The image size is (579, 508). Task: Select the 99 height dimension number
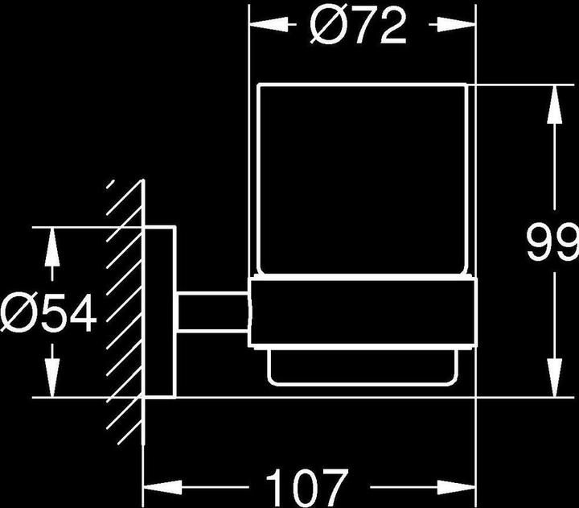click(x=552, y=242)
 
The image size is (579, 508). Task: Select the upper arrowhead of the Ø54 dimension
click(x=51, y=242)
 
